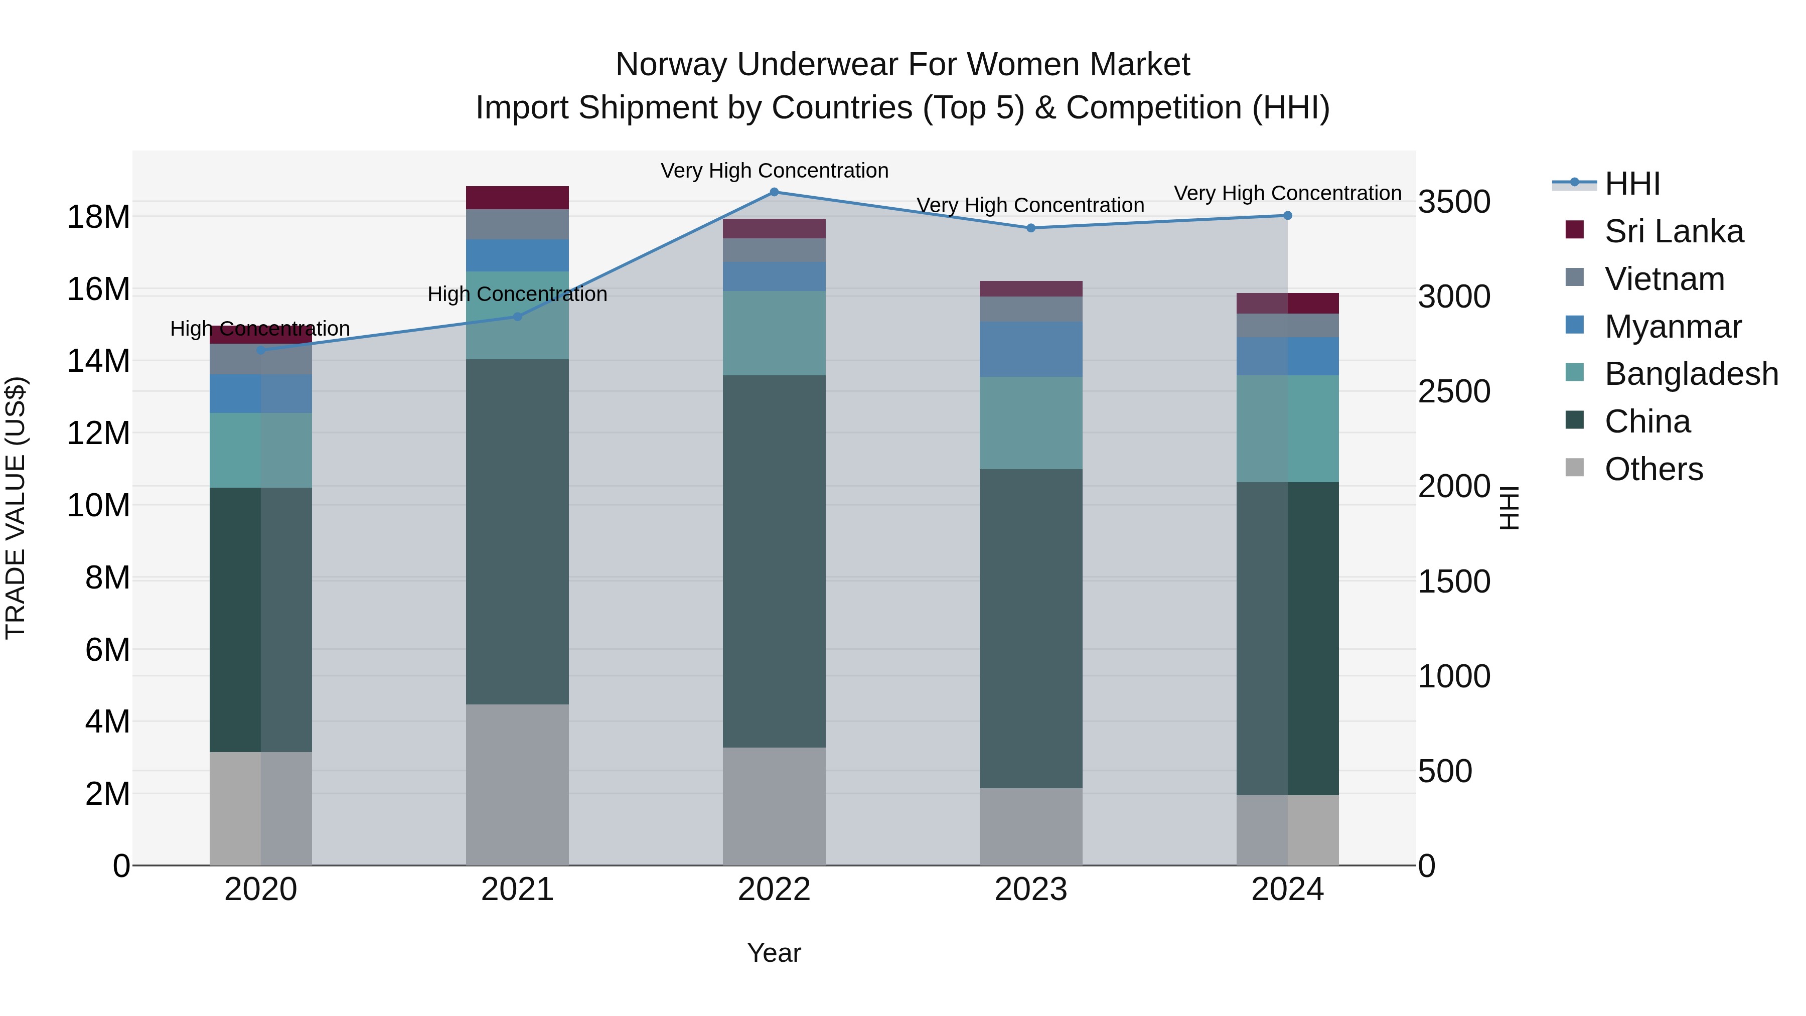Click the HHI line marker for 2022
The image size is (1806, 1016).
coord(774,192)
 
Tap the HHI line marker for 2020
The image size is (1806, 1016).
coord(261,350)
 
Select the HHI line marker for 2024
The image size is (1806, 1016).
coord(1287,216)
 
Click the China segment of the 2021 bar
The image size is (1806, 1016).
coord(517,531)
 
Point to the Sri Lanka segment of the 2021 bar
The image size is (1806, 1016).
coord(517,198)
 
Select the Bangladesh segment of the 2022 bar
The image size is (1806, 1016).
coord(774,333)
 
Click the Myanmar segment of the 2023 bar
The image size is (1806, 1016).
coord(1030,349)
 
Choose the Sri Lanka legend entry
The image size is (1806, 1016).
coord(1674,231)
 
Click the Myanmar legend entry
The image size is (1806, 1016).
coord(1673,327)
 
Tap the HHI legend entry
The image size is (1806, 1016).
coord(1632,184)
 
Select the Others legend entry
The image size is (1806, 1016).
coord(1653,469)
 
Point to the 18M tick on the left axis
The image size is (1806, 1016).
coord(98,217)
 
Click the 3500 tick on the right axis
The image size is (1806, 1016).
coord(1454,202)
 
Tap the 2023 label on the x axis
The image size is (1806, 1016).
coord(1030,890)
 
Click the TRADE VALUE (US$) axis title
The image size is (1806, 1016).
coord(16,508)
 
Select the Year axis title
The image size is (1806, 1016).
coord(774,953)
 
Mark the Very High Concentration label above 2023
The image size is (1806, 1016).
coord(1030,205)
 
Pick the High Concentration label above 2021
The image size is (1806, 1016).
coord(517,295)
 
